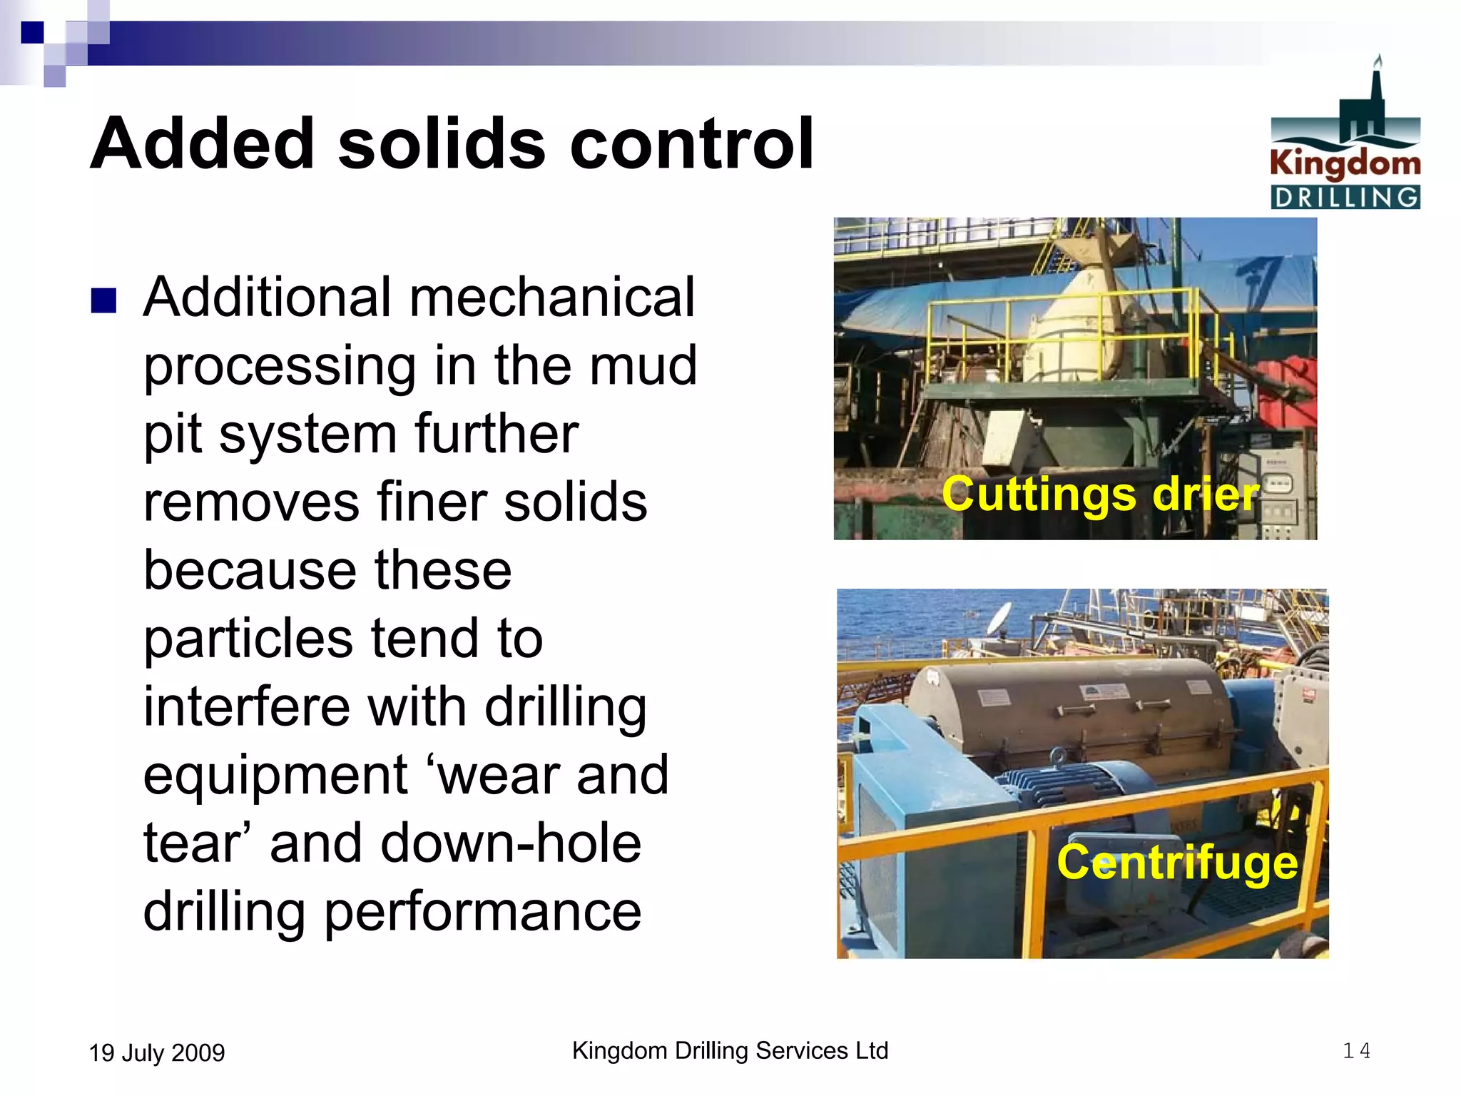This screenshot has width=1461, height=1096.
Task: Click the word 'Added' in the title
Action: click(202, 144)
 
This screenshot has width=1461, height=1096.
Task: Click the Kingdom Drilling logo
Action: click(1345, 136)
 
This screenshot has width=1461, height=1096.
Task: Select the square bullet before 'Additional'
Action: click(103, 300)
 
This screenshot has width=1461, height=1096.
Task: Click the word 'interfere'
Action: click(246, 706)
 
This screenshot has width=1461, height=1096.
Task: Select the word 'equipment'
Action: click(275, 776)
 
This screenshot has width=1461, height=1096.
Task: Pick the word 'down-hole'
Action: click(511, 843)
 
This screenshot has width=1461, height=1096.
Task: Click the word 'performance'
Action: click(482, 912)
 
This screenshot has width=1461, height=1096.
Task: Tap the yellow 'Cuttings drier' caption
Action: click(1100, 494)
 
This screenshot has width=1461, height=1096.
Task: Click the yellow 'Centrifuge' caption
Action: click(1177, 862)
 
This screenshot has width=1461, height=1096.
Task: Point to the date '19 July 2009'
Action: click(157, 1052)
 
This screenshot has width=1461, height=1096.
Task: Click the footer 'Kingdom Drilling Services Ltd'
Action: click(730, 1050)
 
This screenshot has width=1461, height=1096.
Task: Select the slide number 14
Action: click(1356, 1050)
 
